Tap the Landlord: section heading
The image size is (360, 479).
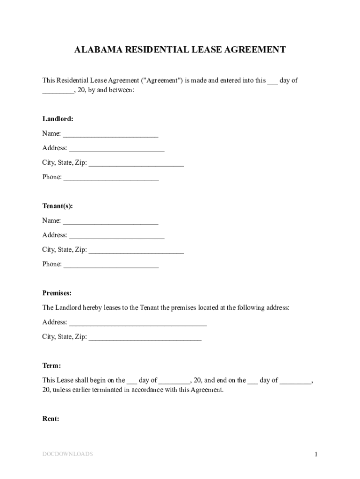pos(58,119)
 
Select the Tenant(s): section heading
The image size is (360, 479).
pos(58,206)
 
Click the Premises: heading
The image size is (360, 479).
pos(57,293)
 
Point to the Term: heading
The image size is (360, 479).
pos(51,365)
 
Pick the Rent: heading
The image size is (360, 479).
pos(51,419)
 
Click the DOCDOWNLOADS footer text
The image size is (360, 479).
pos(67,454)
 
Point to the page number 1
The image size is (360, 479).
pos(316,454)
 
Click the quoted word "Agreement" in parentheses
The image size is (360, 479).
pos(163,80)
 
